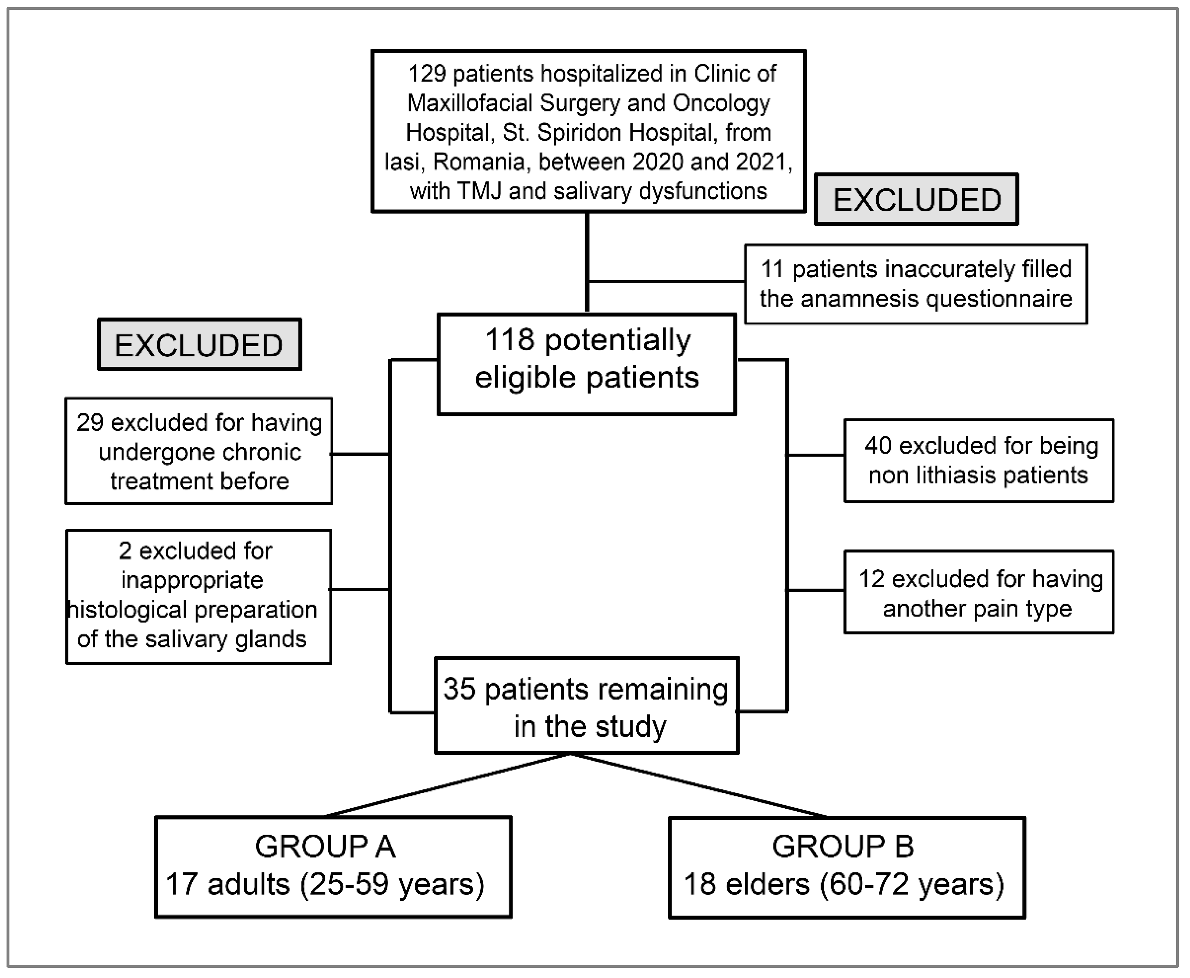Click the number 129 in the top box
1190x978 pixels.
tap(426, 74)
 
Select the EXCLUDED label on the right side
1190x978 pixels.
tap(917, 200)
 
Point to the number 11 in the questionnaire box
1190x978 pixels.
tap(773, 269)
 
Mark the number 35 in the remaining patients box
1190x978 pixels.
tap(459, 689)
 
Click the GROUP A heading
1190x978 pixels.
tap(325, 847)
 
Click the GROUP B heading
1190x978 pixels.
tap(843, 847)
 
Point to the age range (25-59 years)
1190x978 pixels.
tap(392, 884)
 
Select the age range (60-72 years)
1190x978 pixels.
tap(912, 884)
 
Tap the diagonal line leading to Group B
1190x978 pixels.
tap(699, 785)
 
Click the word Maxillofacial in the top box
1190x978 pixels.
tap(470, 103)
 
